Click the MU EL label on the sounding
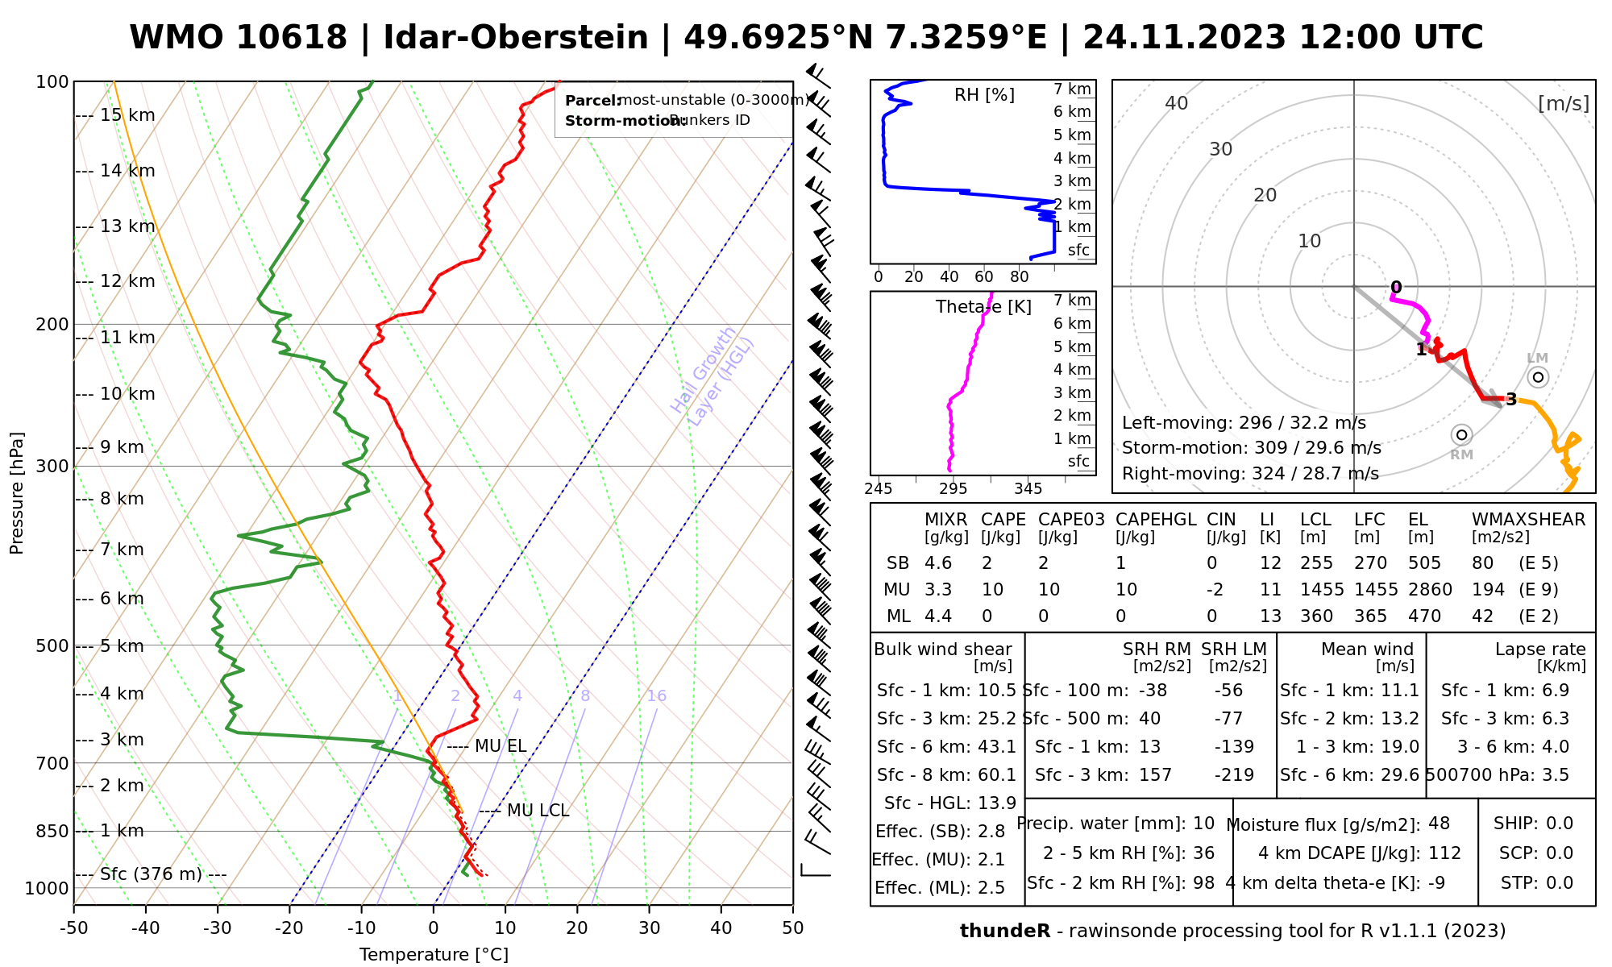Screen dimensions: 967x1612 point(500,746)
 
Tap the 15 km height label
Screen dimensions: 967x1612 point(127,115)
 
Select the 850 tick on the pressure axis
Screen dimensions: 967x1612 point(53,831)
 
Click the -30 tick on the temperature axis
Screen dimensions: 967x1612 point(218,928)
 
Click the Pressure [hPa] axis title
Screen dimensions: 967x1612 point(17,493)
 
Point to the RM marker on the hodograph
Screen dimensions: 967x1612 point(1461,435)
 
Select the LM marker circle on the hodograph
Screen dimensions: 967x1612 point(1538,377)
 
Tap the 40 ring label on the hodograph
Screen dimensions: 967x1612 point(1177,103)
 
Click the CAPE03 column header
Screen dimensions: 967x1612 point(1071,520)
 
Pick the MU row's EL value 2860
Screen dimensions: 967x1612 point(1430,590)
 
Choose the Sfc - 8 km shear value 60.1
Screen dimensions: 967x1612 point(996,775)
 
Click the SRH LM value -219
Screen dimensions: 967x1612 point(1234,775)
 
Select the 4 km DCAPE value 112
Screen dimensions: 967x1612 point(1444,853)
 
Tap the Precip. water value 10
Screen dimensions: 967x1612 point(1203,824)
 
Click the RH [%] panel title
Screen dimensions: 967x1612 point(984,95)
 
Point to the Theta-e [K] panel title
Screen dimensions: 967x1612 point(983,307)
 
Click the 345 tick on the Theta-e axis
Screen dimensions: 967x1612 point(1028,489)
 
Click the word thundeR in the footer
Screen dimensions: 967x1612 point(1005,932)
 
